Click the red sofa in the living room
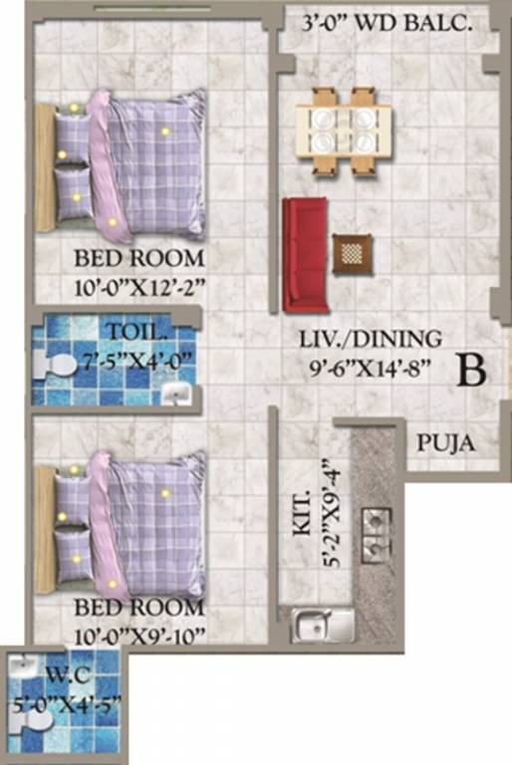click(x=305, y=254)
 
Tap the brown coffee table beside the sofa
click(x=355, y=254)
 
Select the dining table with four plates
click(x=344, y=130)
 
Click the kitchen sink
click(x=322, y=625)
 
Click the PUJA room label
click(x=445, y=444)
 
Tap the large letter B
click(x=472, y=371)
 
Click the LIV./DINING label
click(x=371, y=339)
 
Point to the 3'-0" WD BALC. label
click(x=387, y=24)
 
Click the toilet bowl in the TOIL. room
click(x=55, y=366)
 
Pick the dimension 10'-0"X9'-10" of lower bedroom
click(x=139, y=637)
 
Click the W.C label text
click(x=68, y=676)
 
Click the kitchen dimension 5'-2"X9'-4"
click(x=331, y=513)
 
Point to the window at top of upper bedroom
click(x=152, y=8)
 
